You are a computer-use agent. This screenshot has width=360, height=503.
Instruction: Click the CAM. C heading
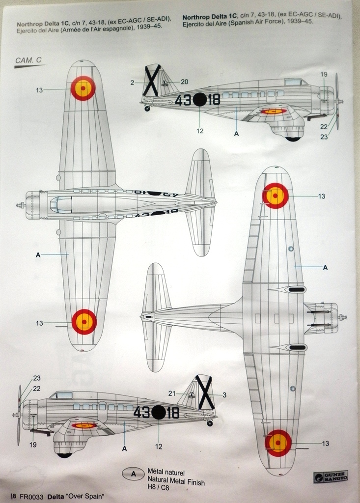point(28,60)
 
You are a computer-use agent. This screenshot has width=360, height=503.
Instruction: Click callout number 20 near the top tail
point(184,82)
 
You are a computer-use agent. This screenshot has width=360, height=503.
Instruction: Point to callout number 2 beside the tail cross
point(132,83)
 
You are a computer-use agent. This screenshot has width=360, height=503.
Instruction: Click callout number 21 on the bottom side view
point(172,393)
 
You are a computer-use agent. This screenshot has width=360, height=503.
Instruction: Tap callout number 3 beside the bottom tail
point(224,395)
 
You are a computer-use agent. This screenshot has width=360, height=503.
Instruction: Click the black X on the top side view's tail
point(152,80)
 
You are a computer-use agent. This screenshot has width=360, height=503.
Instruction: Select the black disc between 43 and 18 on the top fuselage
point(199,100)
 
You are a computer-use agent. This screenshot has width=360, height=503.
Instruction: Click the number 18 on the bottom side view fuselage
point(172,413)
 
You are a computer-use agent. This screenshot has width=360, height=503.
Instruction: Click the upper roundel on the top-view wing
point(83,88)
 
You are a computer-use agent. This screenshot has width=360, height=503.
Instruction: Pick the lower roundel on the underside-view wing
point(278,443)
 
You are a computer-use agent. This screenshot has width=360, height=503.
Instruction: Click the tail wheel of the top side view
point(147,109)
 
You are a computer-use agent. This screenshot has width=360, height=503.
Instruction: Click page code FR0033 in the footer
point(29,496)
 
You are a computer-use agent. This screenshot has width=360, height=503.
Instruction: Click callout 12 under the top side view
point(200,131)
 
